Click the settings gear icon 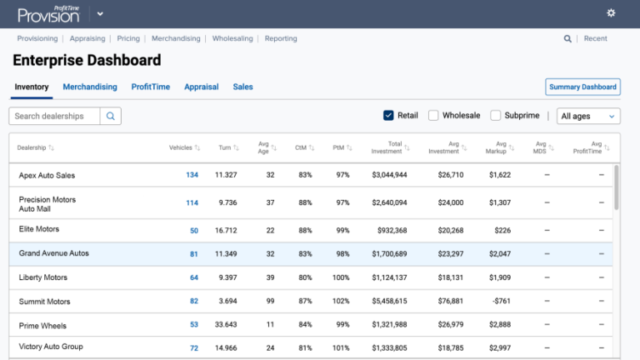611,13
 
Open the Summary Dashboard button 582,87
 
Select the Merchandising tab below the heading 90,87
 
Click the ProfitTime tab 151,87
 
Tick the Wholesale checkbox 433,116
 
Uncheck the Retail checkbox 388,116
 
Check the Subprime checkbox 496,116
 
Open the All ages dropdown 588,117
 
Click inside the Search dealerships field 55,117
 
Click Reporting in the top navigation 281,38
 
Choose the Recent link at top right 595,38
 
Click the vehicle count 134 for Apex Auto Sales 192,175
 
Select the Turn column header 224,147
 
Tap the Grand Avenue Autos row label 54,253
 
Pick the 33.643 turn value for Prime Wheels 226,326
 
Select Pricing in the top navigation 128,38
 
